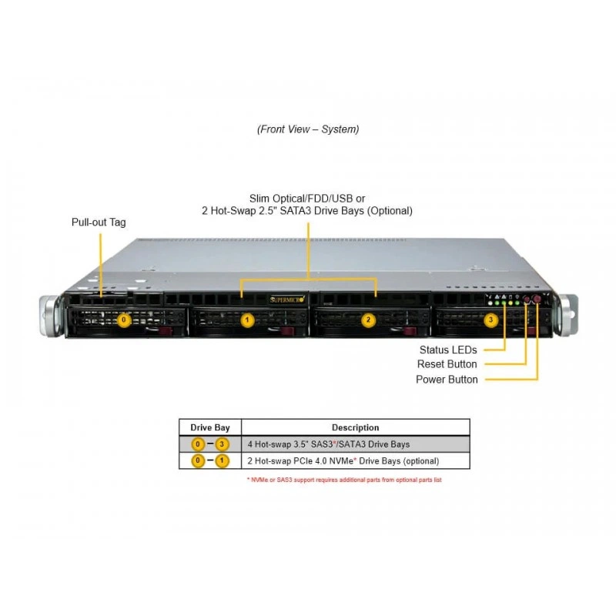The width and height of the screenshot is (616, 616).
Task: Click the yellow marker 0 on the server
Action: point(124,320)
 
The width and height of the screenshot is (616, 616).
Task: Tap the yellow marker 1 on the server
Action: point(247,320)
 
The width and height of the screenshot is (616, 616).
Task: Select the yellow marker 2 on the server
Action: point(368,320)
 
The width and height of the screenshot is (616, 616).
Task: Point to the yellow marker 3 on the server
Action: point(490,320)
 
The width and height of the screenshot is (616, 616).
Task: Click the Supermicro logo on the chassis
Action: point(287,300)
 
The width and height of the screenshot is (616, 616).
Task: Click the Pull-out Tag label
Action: point(99,223)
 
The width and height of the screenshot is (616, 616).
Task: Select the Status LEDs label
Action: point(448,350)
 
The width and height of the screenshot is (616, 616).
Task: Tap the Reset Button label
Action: point(447,364)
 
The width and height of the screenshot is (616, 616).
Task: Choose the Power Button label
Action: point(447,380)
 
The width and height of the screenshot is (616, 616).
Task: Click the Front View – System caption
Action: point(308,129)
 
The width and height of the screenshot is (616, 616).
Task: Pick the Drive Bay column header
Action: point(210,427)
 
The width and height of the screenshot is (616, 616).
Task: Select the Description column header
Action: point(356,427)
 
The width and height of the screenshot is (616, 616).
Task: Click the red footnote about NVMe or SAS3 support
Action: point(344,480)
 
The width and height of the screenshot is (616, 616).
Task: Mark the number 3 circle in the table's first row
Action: point(222,444)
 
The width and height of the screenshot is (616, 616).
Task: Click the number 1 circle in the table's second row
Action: point(222,460)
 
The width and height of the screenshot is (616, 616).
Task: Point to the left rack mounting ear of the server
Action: point(51,316)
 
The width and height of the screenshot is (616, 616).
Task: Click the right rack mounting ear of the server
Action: point(566,315)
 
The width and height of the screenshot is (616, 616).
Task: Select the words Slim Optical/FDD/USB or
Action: point(307,199)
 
